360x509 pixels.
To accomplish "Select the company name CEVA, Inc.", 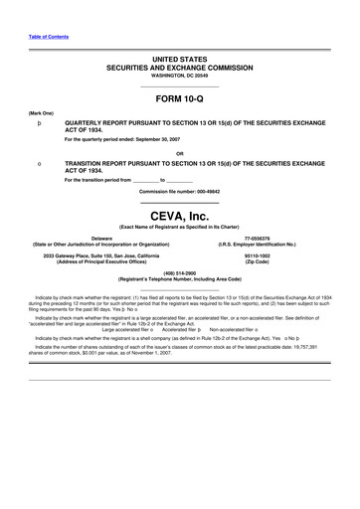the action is [x=179, y=214].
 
